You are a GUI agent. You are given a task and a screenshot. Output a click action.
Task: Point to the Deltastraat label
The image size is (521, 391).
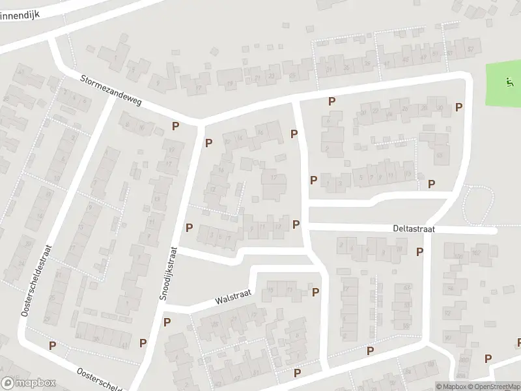(x=414, y=229)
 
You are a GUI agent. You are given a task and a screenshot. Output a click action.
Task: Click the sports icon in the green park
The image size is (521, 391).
(x=508, y=81)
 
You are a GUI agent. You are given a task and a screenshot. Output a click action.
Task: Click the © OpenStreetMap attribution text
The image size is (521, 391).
(x=493, y=386)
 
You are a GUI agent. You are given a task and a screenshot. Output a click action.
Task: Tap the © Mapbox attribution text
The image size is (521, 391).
(x=451, y=386)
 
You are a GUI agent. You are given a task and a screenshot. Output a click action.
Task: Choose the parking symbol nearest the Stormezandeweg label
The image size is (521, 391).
(x=175, y=126)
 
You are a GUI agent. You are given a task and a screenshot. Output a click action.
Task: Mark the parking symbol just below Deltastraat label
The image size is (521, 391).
(x=419, y=251)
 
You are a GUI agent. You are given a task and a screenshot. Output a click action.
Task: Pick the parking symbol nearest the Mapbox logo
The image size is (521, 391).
(x=52, y=345)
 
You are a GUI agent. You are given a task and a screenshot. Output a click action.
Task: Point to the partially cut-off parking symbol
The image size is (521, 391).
(x=518, y=342)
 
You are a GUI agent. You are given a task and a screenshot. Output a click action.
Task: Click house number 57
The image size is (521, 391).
(x=470, y=50)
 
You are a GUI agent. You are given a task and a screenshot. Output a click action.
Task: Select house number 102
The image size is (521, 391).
(x=475, y=252)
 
